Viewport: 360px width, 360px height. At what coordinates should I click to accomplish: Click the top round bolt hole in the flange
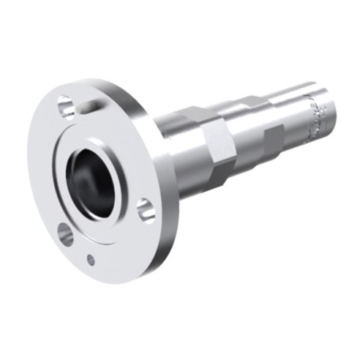pos(64,107)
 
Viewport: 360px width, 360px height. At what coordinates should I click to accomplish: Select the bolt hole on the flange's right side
pos(146,209)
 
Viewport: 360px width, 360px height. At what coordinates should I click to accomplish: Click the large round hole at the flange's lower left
pos(65,235)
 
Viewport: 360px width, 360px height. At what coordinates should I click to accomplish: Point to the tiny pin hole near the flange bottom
pos(91,259)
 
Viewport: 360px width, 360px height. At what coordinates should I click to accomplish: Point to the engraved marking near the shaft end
pos(317,121)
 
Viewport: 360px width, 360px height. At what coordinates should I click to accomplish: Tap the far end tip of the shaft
pos(333,110)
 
